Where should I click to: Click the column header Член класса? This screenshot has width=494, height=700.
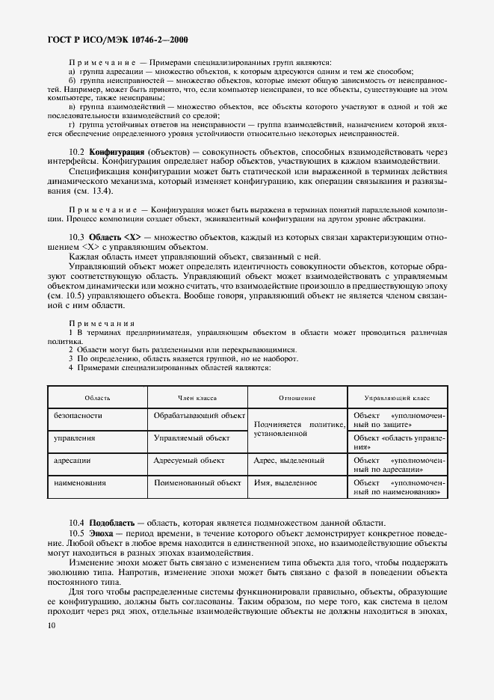click(x=197, y=398)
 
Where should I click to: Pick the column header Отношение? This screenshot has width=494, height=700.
click(x=297, y=398)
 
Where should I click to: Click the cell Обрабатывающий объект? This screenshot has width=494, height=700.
click(x=199, y=415)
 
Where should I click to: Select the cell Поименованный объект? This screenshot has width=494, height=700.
click(x=197, y=482)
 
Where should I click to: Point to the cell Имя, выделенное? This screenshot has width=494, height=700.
click(x=285, y=482)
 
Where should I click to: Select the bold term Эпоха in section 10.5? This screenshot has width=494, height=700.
click(x=102, y=532)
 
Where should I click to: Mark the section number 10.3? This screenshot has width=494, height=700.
click(x=77, y=237)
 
